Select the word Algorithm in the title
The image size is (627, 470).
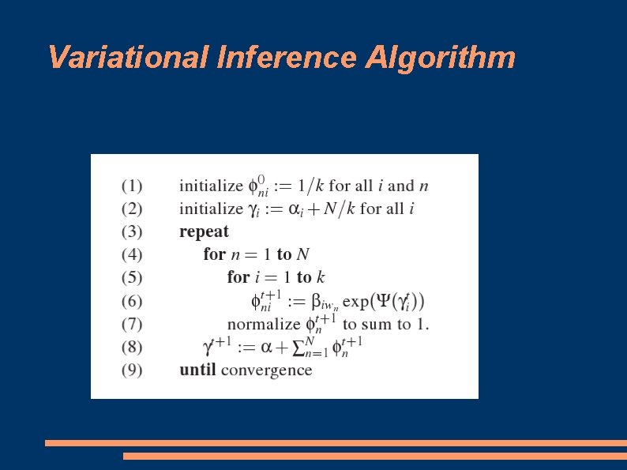tap(440, 58)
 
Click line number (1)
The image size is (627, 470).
tap(132, 186)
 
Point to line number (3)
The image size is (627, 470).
tap(132, 232)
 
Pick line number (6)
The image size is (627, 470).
tap(132, 301)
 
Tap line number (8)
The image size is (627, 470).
tap(132, 347)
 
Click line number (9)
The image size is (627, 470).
tap(132, 370)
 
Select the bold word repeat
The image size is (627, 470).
tap(204, 232)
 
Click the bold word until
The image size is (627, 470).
tap(197, 370)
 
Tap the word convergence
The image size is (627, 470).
tap(266, 370)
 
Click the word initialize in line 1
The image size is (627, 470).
tap(211, 186)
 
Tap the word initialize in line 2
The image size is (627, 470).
tap(211, 209)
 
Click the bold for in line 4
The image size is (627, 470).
tap(214, 254)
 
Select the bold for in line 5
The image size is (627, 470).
tap(238, 277)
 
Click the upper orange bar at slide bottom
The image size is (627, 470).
tap(336, 443)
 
